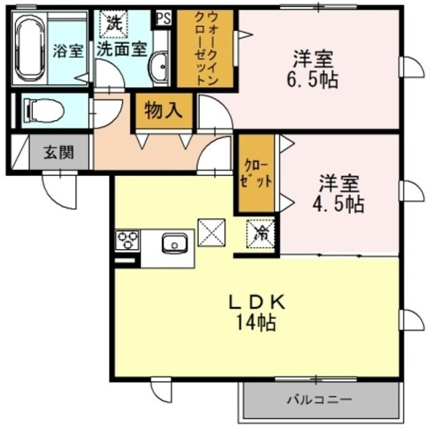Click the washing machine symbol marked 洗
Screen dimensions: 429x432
[x=111, y=22]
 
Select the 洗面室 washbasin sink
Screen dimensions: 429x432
[x=160, y=67]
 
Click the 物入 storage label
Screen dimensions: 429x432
[x=164, y=110]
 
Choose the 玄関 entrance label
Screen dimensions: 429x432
[x=59, y=152]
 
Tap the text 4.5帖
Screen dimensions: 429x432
[x=342, y=202]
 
